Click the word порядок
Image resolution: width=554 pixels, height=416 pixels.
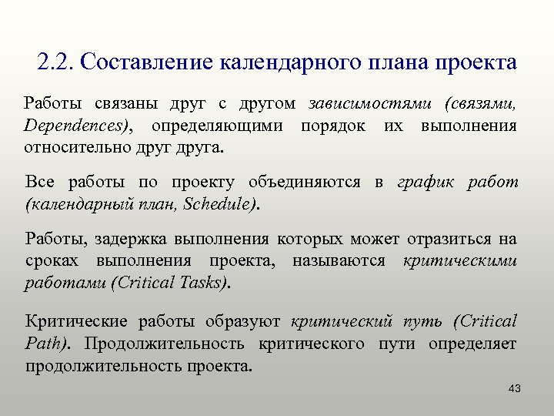[x=333, y=125]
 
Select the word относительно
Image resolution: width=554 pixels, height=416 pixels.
[x=72, y=146]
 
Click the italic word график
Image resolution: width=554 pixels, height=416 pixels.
[x=424, y=183]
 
